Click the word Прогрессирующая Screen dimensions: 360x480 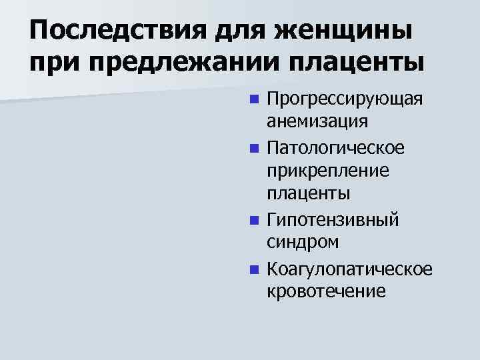click(344, 99)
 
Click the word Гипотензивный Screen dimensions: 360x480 click(332, 219)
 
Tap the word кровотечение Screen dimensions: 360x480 click(325, 291)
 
